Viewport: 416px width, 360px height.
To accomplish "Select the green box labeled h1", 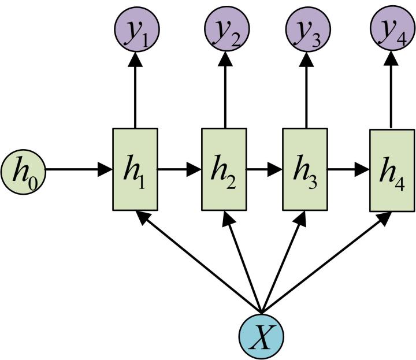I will coord(134,169).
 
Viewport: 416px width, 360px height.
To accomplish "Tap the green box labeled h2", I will coord(224,169).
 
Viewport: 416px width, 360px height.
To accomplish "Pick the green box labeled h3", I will coord(304,169).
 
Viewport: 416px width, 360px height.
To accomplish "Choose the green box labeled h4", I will coord(392,169).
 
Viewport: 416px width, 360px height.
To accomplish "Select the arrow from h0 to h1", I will coord(78,170).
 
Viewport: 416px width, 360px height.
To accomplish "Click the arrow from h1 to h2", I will coord(179,170).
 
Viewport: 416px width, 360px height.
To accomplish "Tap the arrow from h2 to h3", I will coord(264,170).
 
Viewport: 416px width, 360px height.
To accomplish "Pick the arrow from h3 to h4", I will coord(348,170).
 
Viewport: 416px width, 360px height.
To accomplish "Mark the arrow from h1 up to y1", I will coord(135,90).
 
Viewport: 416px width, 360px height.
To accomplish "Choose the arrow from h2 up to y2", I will coord(224,90).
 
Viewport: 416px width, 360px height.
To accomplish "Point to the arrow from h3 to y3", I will coord(306,90).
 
